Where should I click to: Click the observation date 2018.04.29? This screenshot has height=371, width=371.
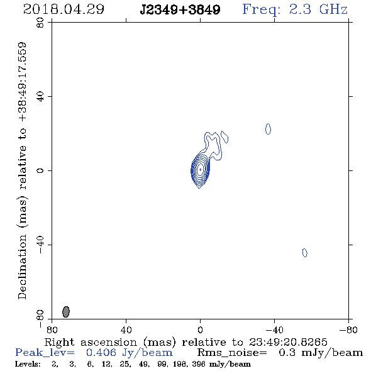pyautogui.click(x=64, y=9)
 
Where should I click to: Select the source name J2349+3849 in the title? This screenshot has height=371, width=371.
pyautogui.click(x=180, y=10)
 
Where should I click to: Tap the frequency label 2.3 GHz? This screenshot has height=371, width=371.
pyautogui.click(x=318, y=9)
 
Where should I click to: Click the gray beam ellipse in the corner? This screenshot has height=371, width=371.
pyautogui.click(x=66, y=312)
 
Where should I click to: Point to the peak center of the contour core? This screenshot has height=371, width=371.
pyautogui.click(x=200, y=169)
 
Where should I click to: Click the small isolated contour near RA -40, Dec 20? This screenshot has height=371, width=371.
pyautogui.click(x=268, y=129)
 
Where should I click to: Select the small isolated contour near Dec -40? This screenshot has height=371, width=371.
pyautogui.click(x=305, y=253)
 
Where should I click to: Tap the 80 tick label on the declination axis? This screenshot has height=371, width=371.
pyautogui.click(x=40, y=23)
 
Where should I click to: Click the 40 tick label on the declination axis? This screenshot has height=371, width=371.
pyautogui.click(x=40, y=97)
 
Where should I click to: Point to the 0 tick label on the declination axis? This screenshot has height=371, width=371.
pyautogui.click(x=40, y=170)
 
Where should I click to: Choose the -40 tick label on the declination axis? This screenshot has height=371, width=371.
pyautogui.click(x=40, y=245)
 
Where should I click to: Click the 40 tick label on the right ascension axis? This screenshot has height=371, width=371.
pyautogui.click(x=126, y=329)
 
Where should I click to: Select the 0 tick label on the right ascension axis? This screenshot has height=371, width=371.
pyautogui.click(x=200, y=329)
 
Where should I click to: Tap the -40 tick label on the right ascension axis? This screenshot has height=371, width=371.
pyautogui.click(x=274, y=329)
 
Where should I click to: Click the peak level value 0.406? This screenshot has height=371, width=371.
pyautogui.click(x=101, y=353)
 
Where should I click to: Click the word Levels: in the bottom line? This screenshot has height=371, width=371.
pyautogui.click(x=28, y=364)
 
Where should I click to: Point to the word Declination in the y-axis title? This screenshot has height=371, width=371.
pyautogui.click(x=22, y=267)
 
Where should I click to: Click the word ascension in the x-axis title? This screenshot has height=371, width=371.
pyautogui.click(x=109, y=342)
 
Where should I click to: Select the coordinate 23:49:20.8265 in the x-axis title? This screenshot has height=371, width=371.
pyautogui.click(x=288, y=342)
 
